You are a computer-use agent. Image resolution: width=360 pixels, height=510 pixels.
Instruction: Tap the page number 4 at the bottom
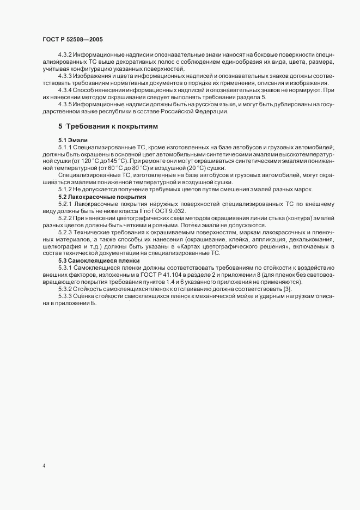tap(44, 466)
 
